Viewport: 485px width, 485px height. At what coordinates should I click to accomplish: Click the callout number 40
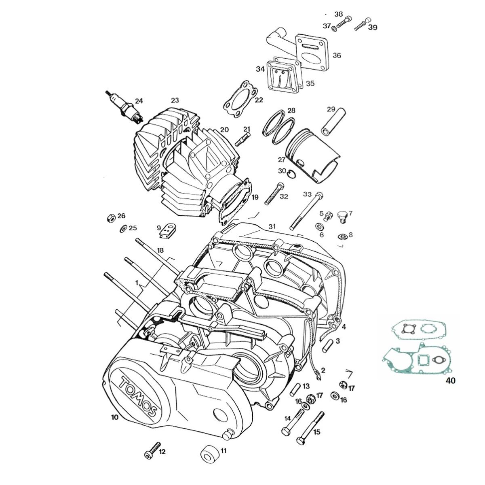point(450,381)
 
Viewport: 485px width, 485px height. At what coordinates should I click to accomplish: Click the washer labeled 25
point(122,229)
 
